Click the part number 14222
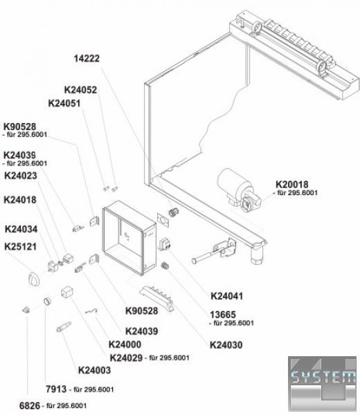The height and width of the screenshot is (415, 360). click(x=87, y=59)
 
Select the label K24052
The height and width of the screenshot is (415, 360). click(x=80, y=90)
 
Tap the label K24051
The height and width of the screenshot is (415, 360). click(x=64, y=103)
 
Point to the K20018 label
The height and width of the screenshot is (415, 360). click(x=292, y=184)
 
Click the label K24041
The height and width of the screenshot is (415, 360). click(x=227, y=296)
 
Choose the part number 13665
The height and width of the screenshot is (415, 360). click(x=223, y=315)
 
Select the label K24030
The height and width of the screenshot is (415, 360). click(x=226, y=345)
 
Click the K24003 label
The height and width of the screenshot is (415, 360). click(x=94, y=370)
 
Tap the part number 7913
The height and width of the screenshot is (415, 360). click(x=56, y=389)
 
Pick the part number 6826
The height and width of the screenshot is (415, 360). click(x=30, y=405)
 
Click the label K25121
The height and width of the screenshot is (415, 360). click(x=20, y=247)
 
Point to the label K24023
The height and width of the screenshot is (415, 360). click(x=21, y=176)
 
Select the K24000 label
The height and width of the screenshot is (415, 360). click(x=125, y=344)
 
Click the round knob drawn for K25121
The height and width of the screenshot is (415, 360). click(x=35, y=279)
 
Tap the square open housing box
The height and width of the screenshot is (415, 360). click(x=129, y=238)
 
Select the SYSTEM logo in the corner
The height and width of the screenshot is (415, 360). click(x=322, y=384)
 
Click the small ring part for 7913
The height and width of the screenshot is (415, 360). click(x=47, y=302)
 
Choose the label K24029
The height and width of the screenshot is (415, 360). click(x=127, y=358)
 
